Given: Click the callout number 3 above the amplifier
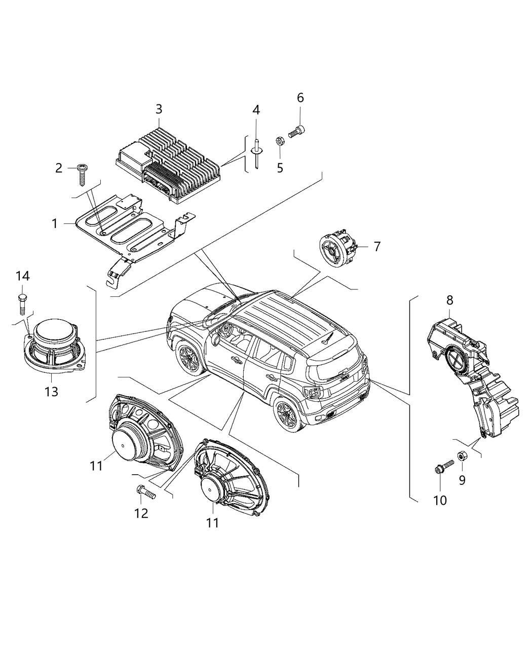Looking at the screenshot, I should coord(159,109).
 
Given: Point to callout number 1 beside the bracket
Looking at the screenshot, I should coord(55,223).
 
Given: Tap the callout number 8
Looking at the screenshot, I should coord(450,300).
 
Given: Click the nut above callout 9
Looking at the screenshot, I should coord(462,455).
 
